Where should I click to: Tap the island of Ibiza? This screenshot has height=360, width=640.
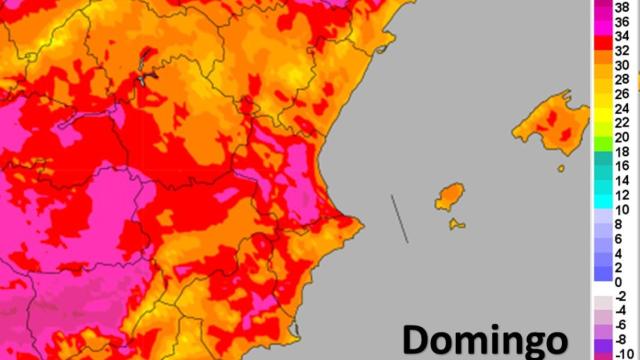click(450, 197)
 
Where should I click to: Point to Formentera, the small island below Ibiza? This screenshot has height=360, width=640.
click(456, 223)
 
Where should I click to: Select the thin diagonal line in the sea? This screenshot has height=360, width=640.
click(399, 218)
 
